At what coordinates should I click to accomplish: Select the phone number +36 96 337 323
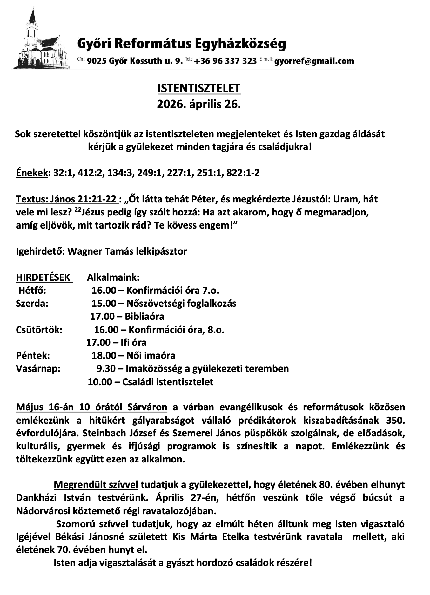point(225,61)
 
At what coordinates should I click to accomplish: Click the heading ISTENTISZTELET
point(199,88)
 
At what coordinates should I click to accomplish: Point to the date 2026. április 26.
point(199,104)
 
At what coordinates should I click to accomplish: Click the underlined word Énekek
point(32,173)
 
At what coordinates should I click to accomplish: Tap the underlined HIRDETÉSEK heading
point(43,277)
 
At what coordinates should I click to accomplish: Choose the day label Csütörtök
point(39,330)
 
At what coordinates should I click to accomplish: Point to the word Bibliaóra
point(144,317)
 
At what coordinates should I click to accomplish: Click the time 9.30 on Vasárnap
point(106,369)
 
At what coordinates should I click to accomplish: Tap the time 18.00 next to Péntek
point(104,356)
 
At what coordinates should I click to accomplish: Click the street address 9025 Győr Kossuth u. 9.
point(135,61)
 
